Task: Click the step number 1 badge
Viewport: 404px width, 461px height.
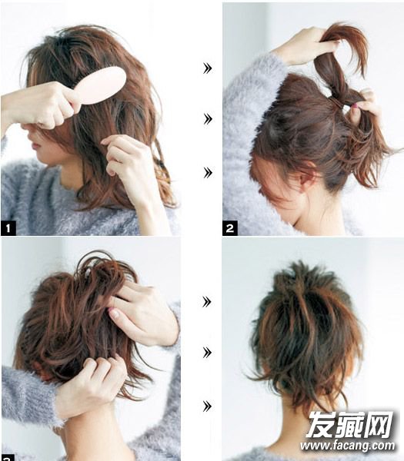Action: coord(8,228)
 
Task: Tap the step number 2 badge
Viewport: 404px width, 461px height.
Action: coord(230,228)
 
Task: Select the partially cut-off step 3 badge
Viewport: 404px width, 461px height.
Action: coord(8,457)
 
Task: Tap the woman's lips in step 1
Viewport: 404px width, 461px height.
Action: coord(35,146)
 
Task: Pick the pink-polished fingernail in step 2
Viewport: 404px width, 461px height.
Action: coord(356,105)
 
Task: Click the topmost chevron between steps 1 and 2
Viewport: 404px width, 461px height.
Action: coord(207,68)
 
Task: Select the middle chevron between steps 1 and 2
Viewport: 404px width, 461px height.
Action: coord(207,119)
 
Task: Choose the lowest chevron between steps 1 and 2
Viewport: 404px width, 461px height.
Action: coord(207,173)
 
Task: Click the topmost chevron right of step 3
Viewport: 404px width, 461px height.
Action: coord(207,302)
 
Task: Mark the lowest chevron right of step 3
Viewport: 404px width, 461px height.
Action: coord(207,406)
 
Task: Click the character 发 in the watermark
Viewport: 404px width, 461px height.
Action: coord(320,425)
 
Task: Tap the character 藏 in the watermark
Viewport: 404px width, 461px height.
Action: coord(349,425)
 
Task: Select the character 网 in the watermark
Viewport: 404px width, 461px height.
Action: coord(379,425)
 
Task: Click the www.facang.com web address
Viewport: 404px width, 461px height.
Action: coord(348,446)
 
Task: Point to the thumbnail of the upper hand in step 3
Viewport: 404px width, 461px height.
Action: coord(114,313)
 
